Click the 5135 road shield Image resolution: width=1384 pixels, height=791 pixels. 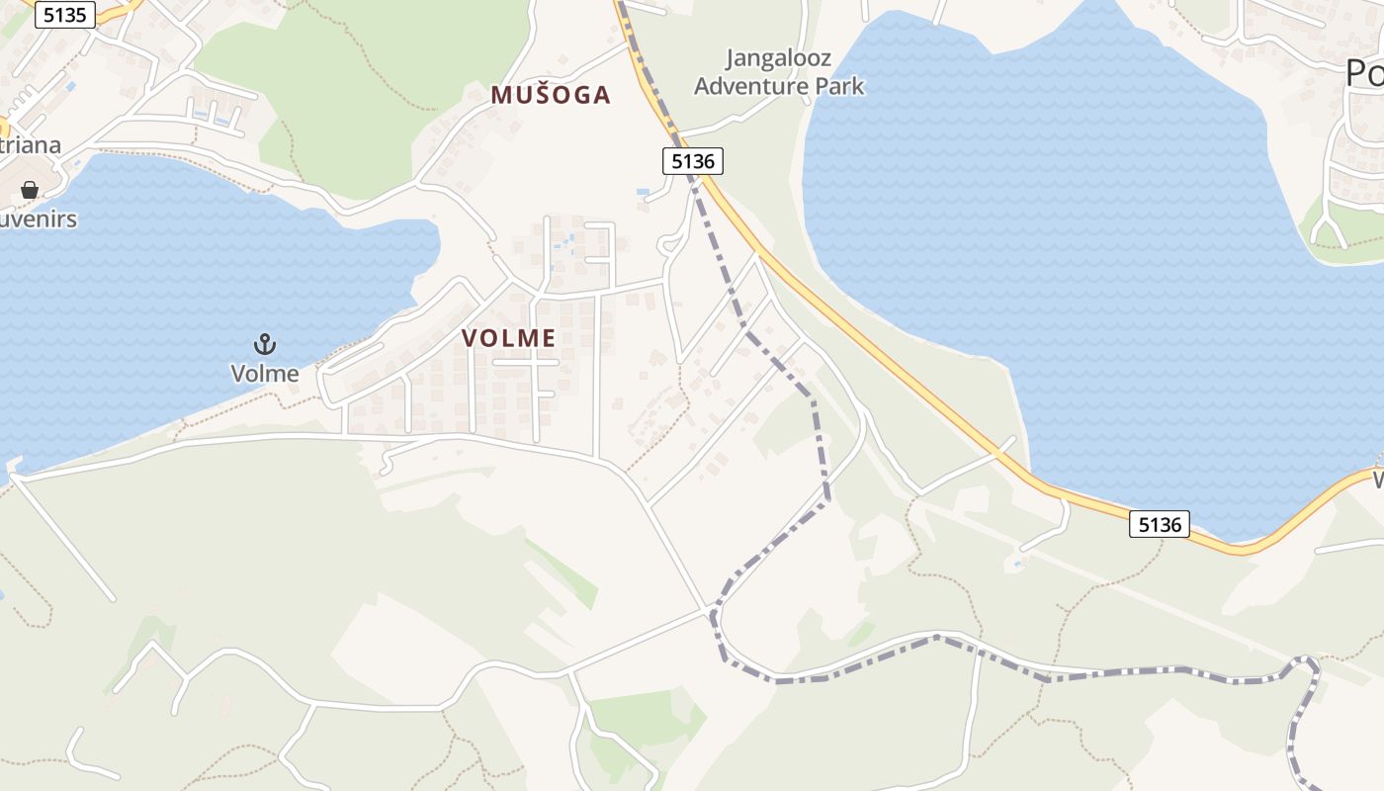click(65, 15)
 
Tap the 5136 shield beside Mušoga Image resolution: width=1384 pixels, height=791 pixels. click(692, 161)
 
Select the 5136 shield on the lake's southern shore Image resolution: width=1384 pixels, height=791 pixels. click(1159, 524)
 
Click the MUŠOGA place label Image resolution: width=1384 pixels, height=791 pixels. click(551, 95)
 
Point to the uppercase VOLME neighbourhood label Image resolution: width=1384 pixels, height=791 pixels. click(508, 338)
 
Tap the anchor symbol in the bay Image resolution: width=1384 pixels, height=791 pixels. click(264, 345)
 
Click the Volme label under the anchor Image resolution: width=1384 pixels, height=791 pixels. click(264, 373)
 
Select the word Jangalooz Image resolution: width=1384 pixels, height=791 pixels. click(778, 58)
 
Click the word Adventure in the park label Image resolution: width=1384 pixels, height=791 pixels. click(751, 86)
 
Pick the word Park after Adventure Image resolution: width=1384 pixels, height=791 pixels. click(839, 86)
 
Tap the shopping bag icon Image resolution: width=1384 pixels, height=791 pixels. click(30, 189)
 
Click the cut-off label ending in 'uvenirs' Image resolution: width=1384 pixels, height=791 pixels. click(38, 219)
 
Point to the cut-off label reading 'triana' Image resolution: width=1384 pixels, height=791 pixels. click(30, 145)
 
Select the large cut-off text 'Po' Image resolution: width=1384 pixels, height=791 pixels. click(1364, 72)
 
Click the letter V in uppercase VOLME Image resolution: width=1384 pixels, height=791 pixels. click(469, 338)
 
